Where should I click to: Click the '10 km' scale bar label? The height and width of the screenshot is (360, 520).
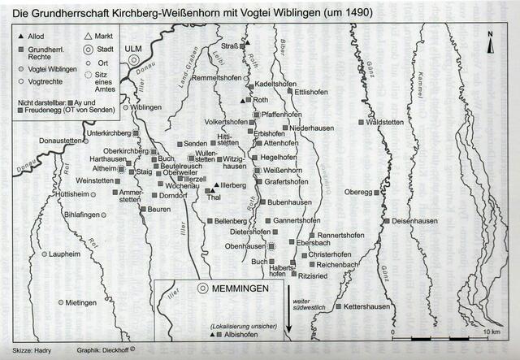[488, 332]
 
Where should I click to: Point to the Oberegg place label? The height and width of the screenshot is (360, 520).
[358, 193]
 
